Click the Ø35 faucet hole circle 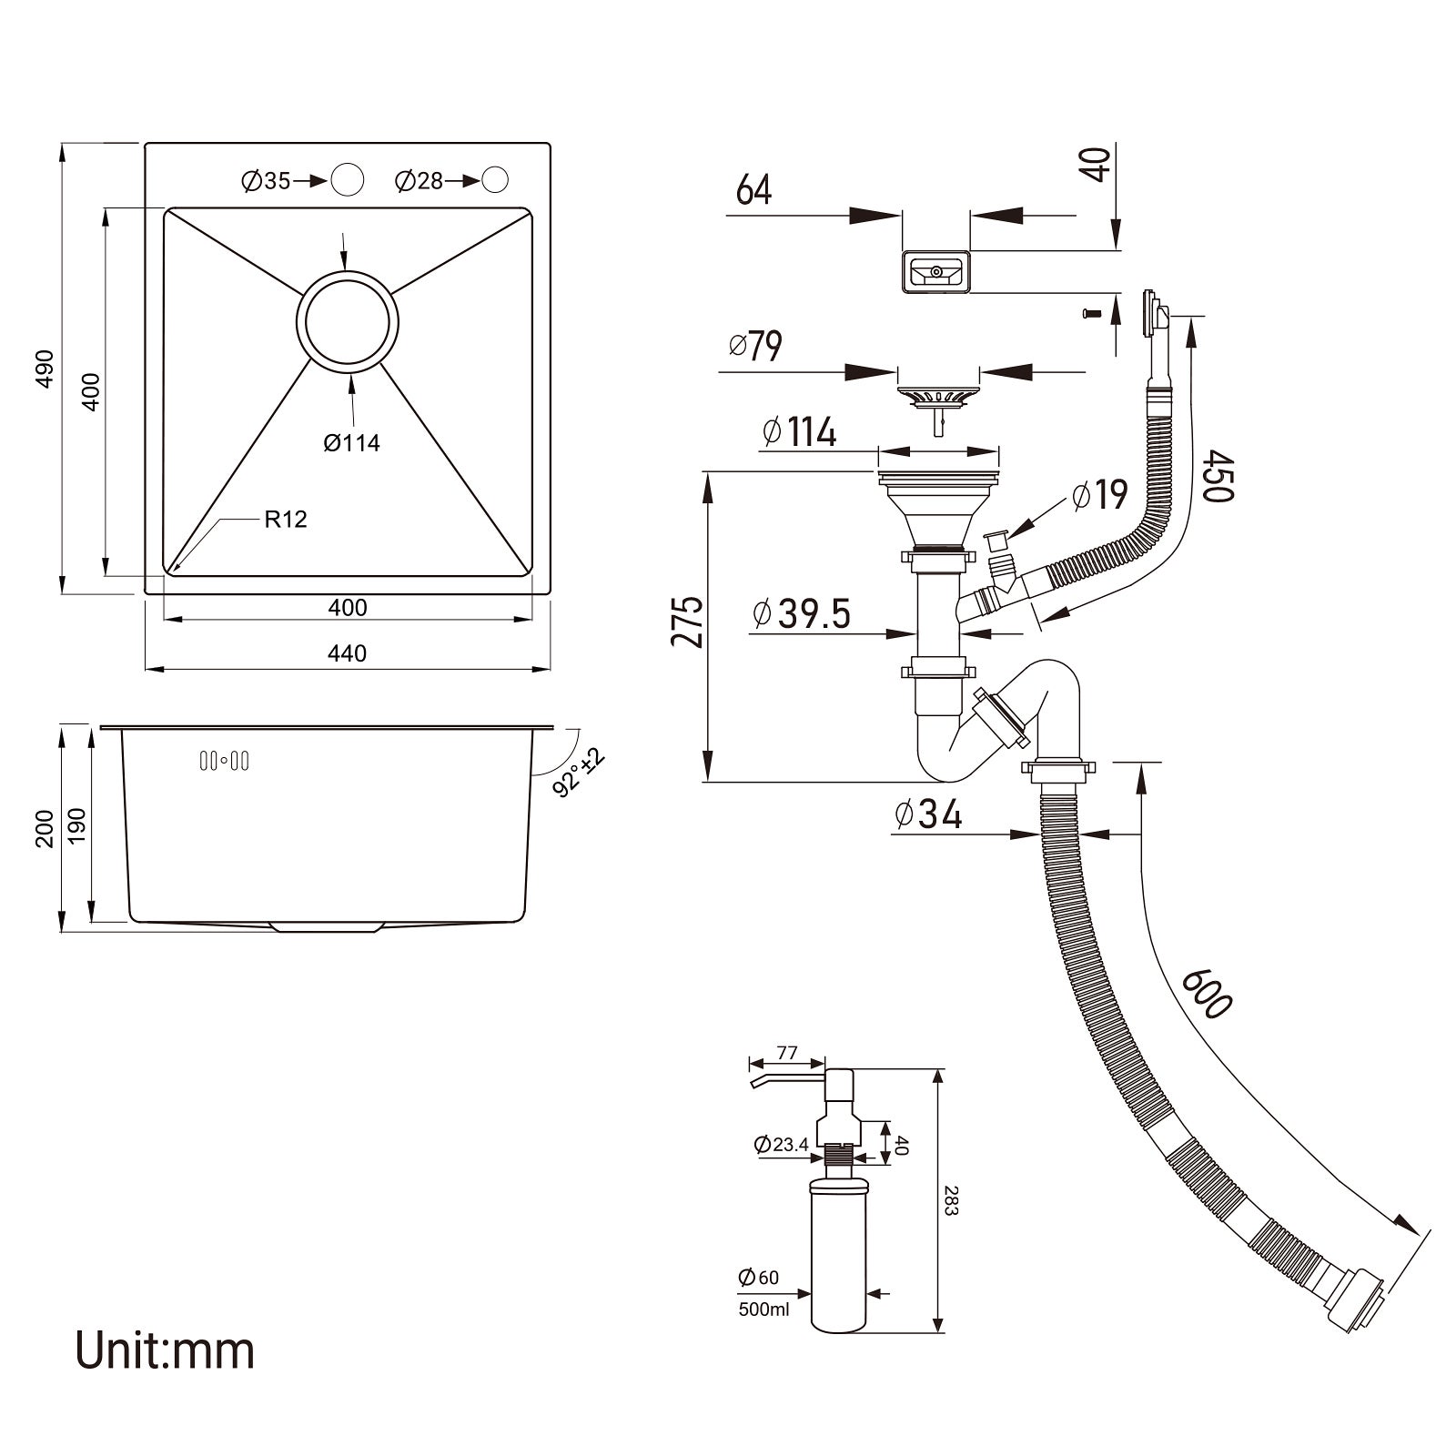coord(347,179)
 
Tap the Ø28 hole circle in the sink coord(495,179)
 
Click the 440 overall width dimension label coord(348,653)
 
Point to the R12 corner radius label coord(286,520)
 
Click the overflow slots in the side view coord(224,761)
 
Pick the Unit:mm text coord(165,1350)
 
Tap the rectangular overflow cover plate coord(935,272)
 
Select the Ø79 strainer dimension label coord(755,346)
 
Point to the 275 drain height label coord(688,621)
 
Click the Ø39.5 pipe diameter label coord(802,613)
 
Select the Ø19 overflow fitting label coord(1099,495)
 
